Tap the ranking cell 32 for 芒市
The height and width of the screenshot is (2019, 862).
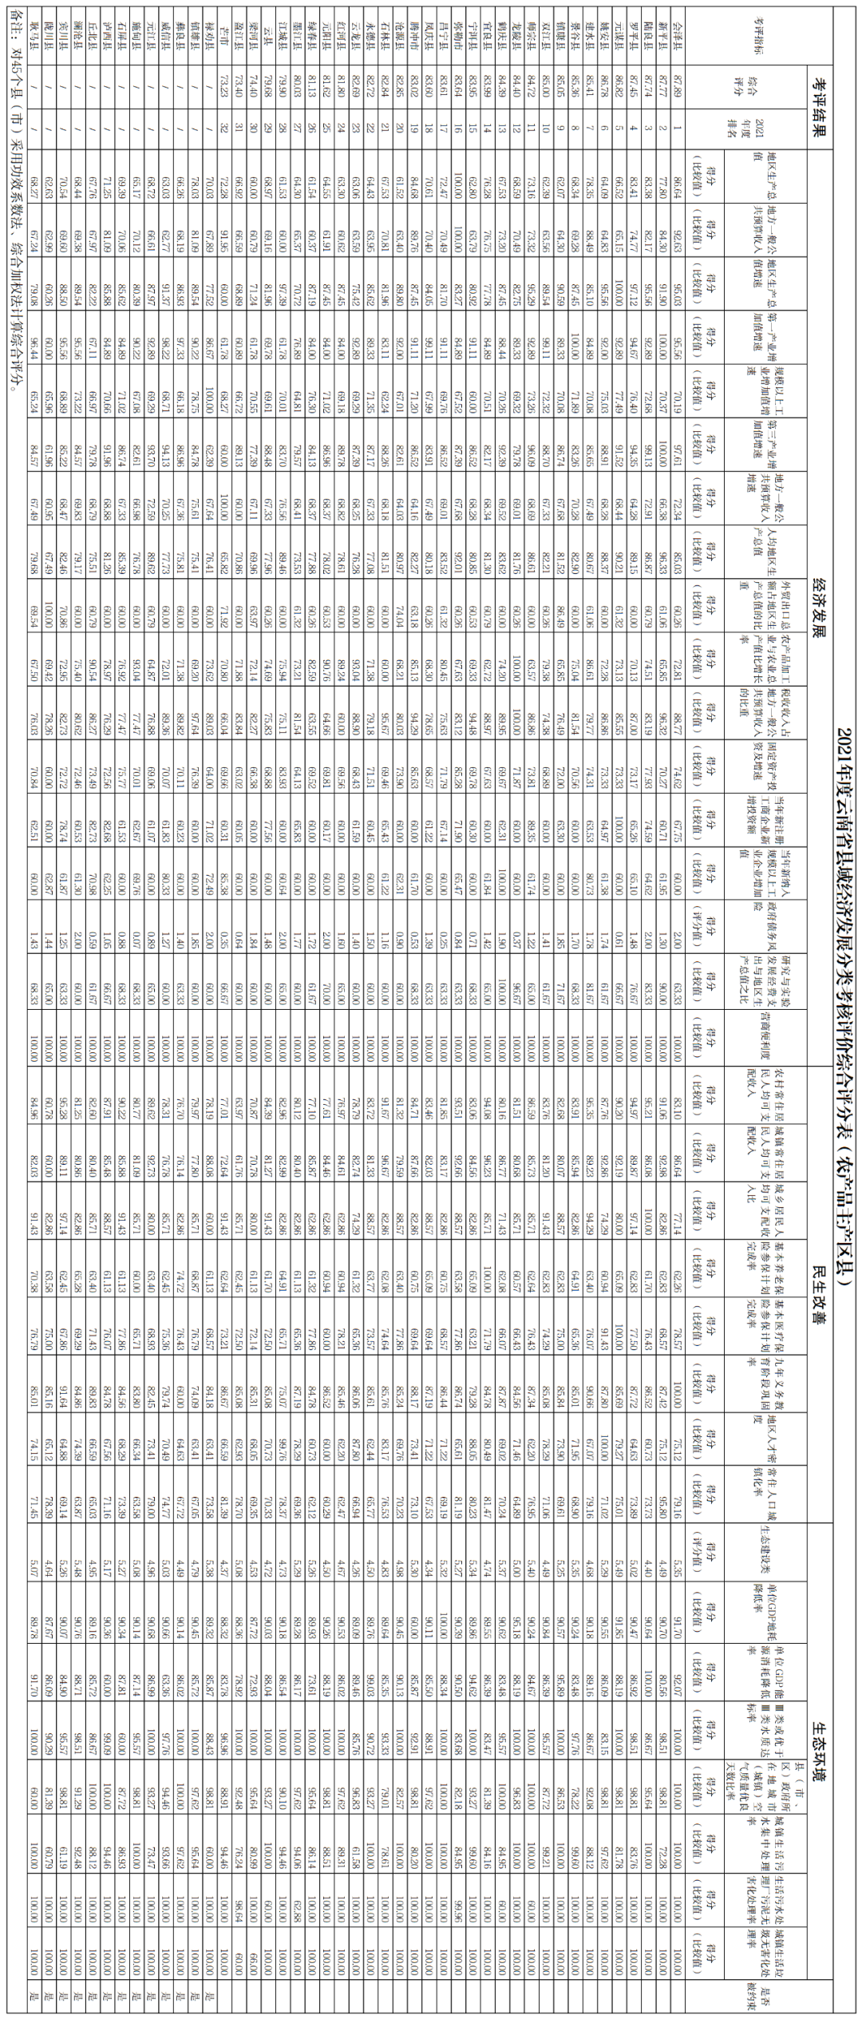[225, 127]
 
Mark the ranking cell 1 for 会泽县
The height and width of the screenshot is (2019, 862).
[678, 127]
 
